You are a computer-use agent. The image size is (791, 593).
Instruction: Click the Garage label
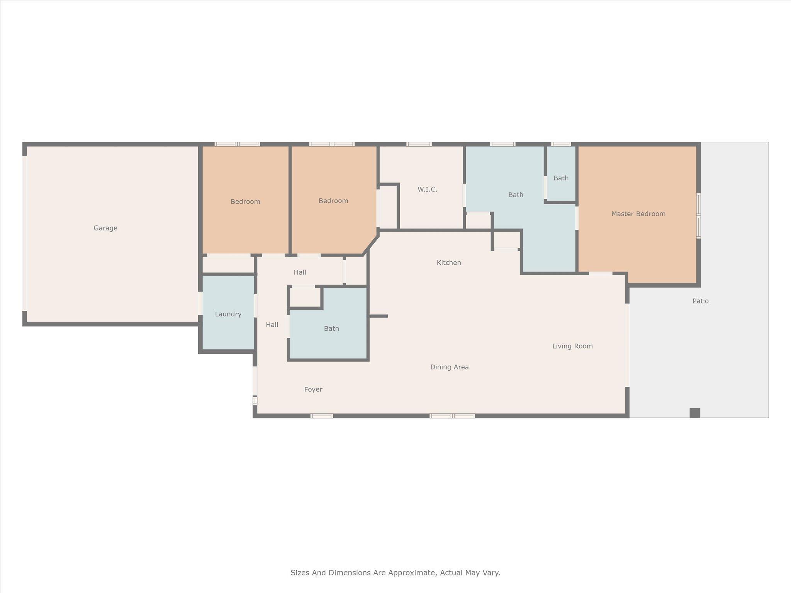click(105, 228)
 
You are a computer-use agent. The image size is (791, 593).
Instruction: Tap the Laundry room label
click(228, 314)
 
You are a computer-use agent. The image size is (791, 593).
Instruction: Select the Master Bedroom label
click(638, 214)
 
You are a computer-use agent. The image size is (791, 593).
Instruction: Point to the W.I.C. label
click(427, 190)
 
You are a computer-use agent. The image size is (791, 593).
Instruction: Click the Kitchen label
click(448, 263)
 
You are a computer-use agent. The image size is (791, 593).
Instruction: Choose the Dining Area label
click(449, 367)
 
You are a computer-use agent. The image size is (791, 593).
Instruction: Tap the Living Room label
click(572, 346)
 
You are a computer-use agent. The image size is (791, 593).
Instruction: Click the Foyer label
click(313, 390)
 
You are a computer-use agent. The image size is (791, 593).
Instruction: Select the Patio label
click(700, 301)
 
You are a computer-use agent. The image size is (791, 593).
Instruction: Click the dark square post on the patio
click(694, 413)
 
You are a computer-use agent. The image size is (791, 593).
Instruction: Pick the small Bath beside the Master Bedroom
click(561, 178)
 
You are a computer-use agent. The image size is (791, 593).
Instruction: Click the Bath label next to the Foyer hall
click(331, 329)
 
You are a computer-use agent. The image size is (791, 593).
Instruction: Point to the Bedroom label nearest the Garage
click(245, 202)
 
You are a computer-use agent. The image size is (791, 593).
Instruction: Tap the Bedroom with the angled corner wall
click(333, 201)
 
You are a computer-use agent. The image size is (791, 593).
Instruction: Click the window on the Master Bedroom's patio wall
click(698, 216)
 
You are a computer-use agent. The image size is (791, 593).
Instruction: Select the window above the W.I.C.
click(419, 144)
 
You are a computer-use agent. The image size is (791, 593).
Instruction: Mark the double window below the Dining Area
click(452, 416)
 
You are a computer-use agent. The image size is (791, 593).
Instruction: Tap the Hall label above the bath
click(300, 273)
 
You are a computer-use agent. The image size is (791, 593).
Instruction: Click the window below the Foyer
click(321, 416)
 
